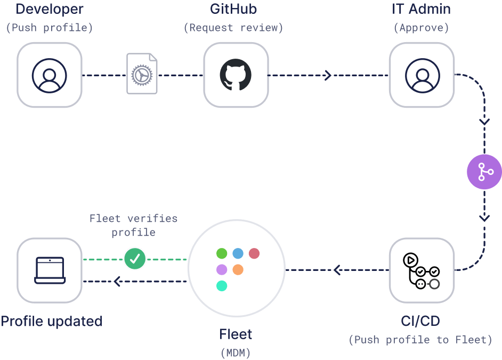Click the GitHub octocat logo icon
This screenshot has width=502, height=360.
coord(236,75)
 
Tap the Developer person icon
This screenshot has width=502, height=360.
coord(49,75)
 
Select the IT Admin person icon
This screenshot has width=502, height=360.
coord(422,75)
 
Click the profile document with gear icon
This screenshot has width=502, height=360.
coord(142,74)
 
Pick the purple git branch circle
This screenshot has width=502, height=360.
coord(484,172)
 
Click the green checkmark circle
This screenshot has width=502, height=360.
coord(135,259)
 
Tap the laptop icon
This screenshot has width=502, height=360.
coord(50,270)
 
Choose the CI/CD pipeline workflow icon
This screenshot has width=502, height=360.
coord(422,270)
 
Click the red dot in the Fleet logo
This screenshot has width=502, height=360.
coord(254,253)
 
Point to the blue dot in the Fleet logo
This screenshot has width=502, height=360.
coord(238,253)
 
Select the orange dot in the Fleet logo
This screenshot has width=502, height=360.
coord(238,269)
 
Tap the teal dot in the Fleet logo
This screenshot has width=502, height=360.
coord(222,286)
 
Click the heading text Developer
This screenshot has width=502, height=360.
coord(50,9)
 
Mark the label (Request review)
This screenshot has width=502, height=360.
coord(233,28)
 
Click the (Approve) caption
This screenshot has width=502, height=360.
coord(421,28)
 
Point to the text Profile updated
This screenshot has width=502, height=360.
coord(51,321)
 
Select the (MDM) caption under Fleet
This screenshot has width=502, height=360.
coord(236,353)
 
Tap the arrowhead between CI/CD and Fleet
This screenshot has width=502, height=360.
coord(337,270)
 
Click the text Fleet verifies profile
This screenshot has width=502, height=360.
coord(133,225)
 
